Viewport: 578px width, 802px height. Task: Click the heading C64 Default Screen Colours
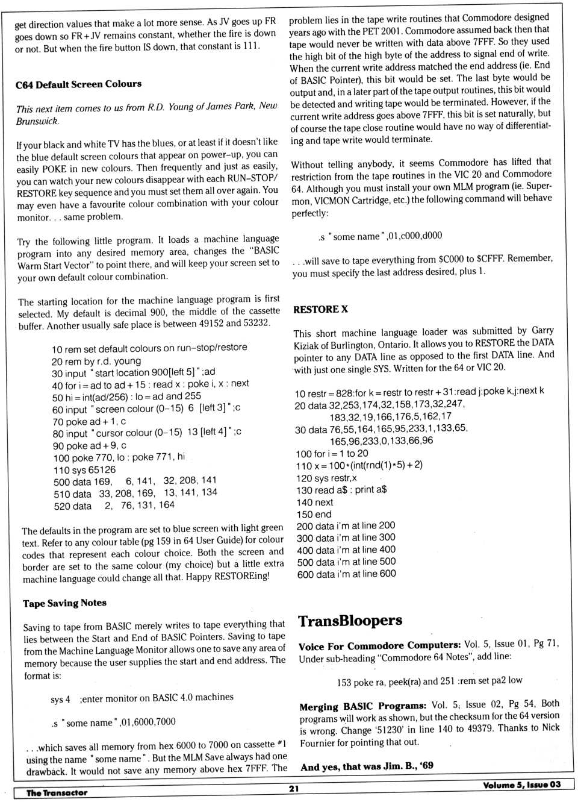(x=78, y=84)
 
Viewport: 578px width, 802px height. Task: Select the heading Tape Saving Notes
(x=64, y=603)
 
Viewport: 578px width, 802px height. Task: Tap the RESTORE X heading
(x=320, y=309)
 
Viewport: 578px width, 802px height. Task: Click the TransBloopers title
(x=350, y=621)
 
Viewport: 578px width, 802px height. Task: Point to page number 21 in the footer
(x=294, y=788)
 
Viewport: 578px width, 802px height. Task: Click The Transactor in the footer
(x=57, y=793)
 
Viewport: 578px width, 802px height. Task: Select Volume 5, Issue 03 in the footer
(x=521, y=785)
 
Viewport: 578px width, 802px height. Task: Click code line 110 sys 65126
(x=84, y=470)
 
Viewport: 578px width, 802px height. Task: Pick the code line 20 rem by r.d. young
(x=96, y=361)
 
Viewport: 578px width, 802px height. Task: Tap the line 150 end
(x=314, y=515)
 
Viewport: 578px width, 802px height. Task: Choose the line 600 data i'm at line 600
(x=346, y=574)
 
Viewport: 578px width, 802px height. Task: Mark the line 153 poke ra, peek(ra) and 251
(x=429, y=681)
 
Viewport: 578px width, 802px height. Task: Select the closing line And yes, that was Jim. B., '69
(x=367, y=766)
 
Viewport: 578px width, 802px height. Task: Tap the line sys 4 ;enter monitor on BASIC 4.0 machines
(x=142, y=698)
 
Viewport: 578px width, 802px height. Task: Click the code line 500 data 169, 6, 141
(x=135, y=481)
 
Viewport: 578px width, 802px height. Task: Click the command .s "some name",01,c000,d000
(x=380, y=236)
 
